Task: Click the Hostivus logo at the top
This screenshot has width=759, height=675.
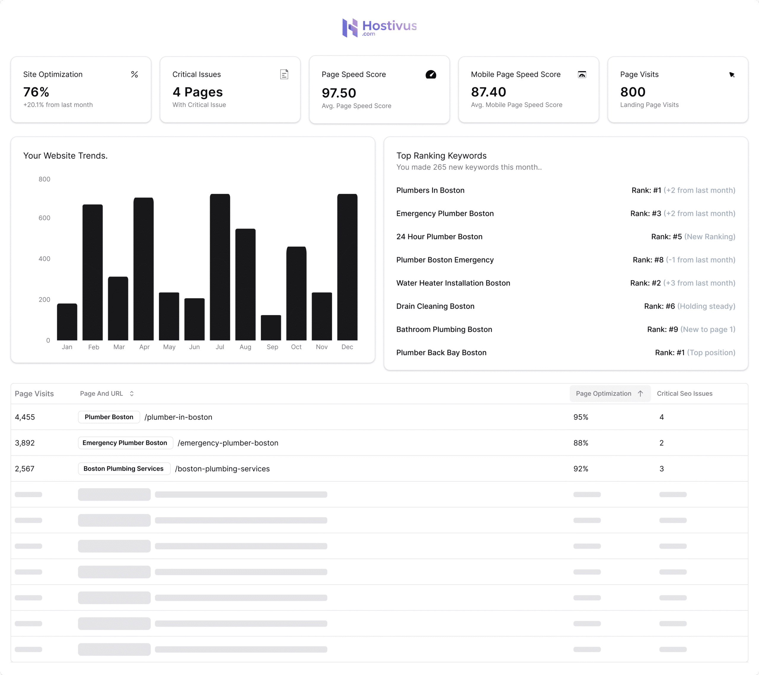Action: (x=379, y=28)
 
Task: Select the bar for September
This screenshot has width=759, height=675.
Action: (x=271, y=328)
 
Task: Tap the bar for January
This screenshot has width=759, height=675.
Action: (x=67, y=322)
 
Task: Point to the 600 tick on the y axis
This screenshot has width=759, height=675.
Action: (x=44, y=218)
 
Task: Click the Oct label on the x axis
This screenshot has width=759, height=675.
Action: (x=296, y=347)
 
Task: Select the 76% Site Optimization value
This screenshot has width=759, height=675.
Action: (x=36, y=92)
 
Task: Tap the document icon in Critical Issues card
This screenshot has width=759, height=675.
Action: (x=284, y=74)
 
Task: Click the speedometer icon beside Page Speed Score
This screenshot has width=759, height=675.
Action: (x=431, y=74)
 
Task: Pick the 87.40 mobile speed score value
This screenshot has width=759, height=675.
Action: (x=488, y=92)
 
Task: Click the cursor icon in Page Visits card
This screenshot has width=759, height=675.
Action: (x=732, y=75)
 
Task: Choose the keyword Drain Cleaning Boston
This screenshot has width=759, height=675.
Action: (x=435, y=306)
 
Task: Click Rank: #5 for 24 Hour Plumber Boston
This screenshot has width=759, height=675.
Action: (x=666, y=237)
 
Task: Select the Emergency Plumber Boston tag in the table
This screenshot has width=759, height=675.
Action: (x=125, y=443)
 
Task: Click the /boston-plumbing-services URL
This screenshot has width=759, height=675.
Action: (x=222, y=469)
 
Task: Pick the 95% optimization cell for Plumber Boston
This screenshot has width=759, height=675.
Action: (x=581, y=417)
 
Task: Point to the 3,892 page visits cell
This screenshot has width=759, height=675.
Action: (x=25, y=443)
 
